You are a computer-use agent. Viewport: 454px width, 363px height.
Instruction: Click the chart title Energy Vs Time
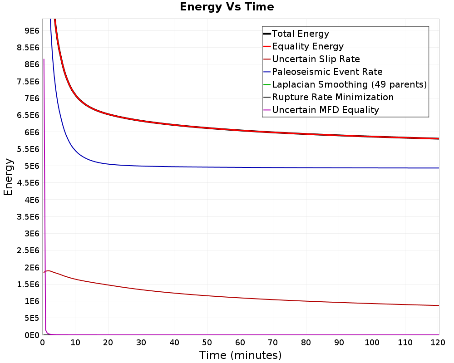(x=227, y=7)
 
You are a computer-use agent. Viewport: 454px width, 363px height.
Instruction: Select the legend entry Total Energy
(x=300, y=34)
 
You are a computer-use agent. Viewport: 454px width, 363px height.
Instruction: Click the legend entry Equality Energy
(x=307, y=46)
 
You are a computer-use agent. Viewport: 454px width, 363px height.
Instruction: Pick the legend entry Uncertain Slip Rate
(x=316, y=59)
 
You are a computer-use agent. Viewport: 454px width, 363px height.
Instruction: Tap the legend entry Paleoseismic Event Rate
(x=327, y=72)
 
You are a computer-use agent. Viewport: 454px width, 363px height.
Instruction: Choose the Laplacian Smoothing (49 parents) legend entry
(x=349, y=84)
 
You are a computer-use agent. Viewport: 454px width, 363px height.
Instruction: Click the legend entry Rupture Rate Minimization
(x=332, y=97)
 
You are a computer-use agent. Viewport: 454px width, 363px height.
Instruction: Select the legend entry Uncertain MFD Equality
(x=325, y=110)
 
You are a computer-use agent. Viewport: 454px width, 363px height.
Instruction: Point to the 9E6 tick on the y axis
(x=32, y=31)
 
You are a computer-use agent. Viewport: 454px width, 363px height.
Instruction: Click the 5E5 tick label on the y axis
(x=32, y=318)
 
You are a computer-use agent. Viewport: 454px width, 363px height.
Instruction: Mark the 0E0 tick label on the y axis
(x=32, y=335)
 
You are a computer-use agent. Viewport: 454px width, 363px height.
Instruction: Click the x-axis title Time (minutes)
(x=240, y=355)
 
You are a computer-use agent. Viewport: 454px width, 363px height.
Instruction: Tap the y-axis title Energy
(x=8, y=177)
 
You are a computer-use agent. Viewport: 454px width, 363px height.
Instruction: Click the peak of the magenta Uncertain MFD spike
(x=44, y=59)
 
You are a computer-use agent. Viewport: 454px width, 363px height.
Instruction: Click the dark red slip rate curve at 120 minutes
(x=438, y=305)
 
